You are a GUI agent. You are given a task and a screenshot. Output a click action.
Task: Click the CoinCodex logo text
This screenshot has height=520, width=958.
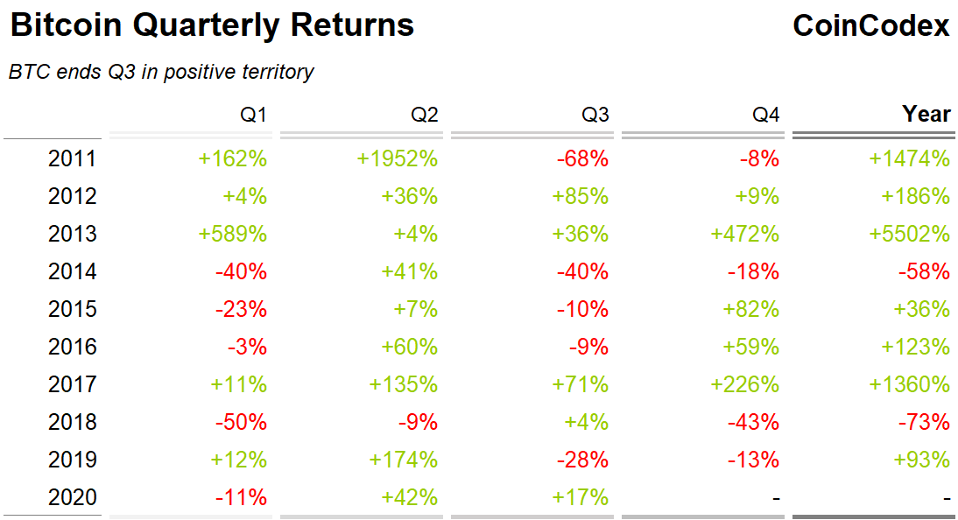[x=870, y=26]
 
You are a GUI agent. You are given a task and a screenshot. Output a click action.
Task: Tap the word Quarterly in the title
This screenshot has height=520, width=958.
[x=209, y=26]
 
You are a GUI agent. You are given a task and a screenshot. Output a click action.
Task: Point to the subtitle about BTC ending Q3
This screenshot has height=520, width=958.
[x=161, y=73]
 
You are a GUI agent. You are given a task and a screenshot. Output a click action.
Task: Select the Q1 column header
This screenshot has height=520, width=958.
[x=254, y=115]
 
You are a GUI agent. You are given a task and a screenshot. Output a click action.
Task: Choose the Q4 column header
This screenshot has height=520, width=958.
[x=766, y=115]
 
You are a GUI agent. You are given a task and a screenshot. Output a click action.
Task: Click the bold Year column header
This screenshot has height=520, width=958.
[x=926, y=115]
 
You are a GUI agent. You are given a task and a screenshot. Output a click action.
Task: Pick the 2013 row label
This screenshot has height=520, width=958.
[x=72, y=234]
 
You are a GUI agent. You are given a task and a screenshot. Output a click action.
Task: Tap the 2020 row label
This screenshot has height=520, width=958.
[x=72, y=497]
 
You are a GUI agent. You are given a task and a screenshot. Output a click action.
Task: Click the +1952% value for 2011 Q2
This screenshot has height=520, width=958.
[x=397, y=158]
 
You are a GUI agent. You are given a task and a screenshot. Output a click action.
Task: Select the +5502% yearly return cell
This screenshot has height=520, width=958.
[x=909, y=234]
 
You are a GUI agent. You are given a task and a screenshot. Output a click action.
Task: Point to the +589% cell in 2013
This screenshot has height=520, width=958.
[x=233, y=234]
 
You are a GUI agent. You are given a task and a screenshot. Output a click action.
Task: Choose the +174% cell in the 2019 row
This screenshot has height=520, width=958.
[x=404, y=460]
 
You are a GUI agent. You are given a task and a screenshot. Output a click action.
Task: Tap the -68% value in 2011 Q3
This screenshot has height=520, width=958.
[x=582, y=158]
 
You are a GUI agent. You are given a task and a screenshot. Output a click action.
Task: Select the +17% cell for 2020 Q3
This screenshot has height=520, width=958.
[x=580, y=497]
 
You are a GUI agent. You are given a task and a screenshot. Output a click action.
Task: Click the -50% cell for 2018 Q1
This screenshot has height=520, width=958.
[x=241, y=422]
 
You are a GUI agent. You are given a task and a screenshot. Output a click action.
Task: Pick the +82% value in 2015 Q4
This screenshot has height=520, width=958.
[x=750, y=309]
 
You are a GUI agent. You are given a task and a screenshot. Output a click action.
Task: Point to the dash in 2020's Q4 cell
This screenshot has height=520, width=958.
[x=776, y=498]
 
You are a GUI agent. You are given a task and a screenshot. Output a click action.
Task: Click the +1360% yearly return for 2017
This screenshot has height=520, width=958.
[x=909, y=384]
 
